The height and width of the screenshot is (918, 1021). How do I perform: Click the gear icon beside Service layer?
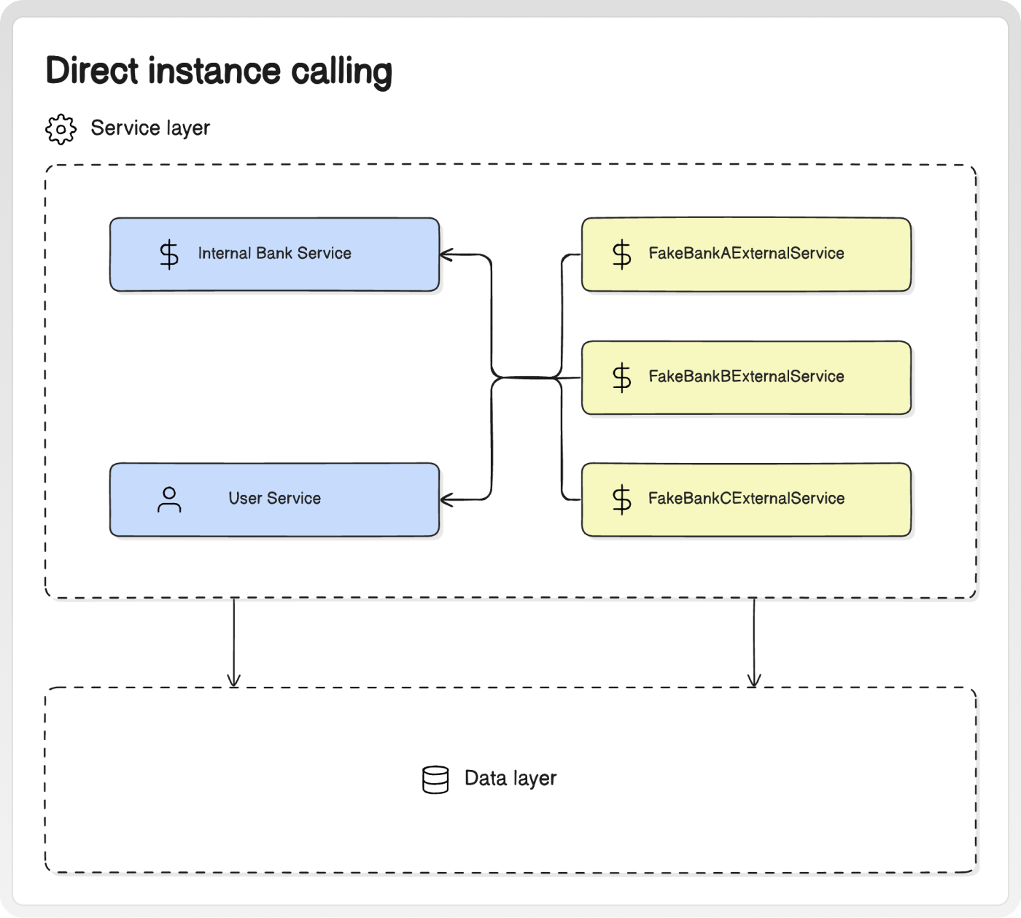coord(61,129)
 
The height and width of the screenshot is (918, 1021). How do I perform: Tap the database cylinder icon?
coord(435,779)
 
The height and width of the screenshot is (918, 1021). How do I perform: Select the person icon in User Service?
coord(169,499)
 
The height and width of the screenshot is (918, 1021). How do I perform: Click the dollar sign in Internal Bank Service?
coord(169,254)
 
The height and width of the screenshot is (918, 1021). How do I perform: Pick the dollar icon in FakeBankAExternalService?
coord(621,254)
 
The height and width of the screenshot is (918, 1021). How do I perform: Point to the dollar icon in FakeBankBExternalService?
coord(621,378)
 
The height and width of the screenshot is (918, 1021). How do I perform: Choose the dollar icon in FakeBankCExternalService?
coord(621,499)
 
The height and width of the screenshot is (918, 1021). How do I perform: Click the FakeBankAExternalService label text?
coord(746,253)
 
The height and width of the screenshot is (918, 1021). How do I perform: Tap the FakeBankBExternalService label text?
coord(746,376)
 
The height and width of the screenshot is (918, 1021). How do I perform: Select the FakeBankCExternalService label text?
coord(746,498)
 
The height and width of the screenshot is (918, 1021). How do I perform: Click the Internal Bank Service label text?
coord(274,253)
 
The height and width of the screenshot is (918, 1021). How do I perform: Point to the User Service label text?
coord(274,498)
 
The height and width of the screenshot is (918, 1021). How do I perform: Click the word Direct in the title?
coord(92,70)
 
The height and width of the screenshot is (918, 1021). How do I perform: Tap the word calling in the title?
coord(341,72)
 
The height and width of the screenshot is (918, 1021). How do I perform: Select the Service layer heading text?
coord(150,128)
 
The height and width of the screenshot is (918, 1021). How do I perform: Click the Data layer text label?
coord(510,779)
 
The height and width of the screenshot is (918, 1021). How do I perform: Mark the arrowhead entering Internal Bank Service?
coord(446,254)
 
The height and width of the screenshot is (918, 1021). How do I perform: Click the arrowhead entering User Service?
coord(446,499)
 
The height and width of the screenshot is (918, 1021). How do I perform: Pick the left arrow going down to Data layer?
coord(233,642)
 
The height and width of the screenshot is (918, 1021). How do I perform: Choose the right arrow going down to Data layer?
coord(754,642)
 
